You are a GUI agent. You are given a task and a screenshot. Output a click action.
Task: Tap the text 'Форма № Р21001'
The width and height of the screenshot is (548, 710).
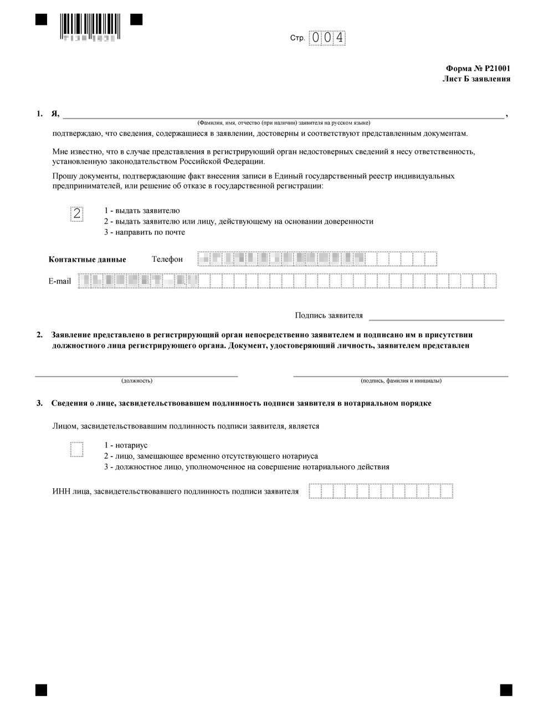478,69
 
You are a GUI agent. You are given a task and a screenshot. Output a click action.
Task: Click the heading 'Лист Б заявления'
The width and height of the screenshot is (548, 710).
476,79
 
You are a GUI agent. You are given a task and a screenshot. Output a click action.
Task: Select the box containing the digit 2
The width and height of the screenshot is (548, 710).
77,214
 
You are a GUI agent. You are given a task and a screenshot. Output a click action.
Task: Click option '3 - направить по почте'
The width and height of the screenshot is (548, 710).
145,232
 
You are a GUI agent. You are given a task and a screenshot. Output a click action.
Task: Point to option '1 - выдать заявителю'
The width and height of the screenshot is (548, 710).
142,211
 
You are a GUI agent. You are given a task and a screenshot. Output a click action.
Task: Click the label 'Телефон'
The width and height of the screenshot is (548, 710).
167,259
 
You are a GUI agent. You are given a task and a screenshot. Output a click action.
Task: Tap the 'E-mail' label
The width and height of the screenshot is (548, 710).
60,281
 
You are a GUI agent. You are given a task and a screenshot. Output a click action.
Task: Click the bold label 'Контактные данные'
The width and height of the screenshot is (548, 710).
88,259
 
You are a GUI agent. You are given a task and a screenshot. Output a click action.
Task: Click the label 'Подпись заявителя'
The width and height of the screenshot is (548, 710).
329,316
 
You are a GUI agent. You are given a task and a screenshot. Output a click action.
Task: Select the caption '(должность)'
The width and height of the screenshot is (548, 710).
137,381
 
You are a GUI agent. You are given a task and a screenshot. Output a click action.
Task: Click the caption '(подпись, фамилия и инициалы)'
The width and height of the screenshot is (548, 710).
401,381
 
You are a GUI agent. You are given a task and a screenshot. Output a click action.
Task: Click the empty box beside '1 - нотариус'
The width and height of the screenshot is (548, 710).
77,449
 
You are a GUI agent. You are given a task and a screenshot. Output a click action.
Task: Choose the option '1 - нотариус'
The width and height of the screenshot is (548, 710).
126,445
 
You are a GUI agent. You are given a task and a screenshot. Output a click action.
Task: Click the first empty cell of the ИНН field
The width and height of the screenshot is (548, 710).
315,491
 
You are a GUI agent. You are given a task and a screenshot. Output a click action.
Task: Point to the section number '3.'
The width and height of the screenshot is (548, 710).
39,403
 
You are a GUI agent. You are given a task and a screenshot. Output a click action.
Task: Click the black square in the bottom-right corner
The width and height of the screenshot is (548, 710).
505,689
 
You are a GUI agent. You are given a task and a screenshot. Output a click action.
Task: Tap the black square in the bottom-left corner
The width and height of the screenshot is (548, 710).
41,689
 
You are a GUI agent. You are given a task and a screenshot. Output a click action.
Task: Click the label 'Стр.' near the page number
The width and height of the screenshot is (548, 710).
298,38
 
